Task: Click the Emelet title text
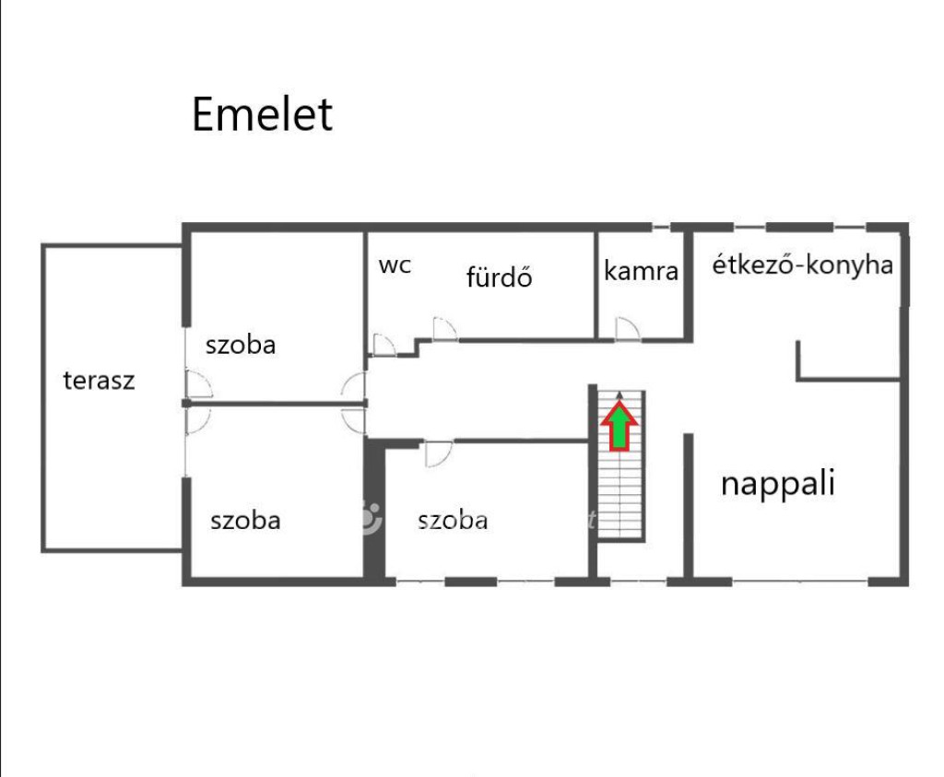point(262,113)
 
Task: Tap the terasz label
point(99,381)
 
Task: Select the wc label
point(395,266)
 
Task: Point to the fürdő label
point(499,277)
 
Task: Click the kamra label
point(642,271)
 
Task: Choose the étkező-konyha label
point(803,265)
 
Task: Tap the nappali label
point(778,483)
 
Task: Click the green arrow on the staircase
point(619,426)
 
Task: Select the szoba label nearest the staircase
point(453,520)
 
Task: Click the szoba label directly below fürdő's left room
point(241,345)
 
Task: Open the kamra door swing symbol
point(627,329)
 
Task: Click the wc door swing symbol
point(384,345)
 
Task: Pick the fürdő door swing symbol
point(445,329)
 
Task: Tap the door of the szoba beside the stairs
point(438,453)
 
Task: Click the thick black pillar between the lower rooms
point(374,512)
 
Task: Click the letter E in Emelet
point(202,114)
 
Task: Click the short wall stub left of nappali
point(688,506)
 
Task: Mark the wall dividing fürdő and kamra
point(596,286)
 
